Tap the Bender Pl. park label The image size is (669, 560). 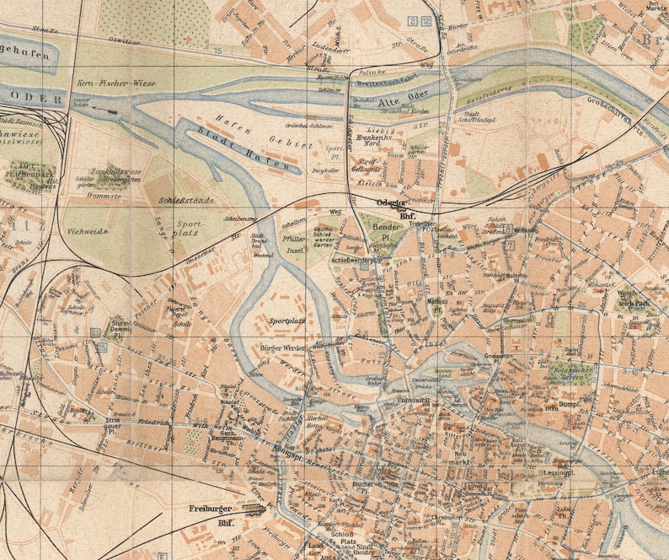coord(385,233)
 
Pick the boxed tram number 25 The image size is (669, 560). coord(102,346)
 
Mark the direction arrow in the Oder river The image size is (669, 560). coord(107,109)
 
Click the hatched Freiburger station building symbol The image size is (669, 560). coord(254,508)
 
